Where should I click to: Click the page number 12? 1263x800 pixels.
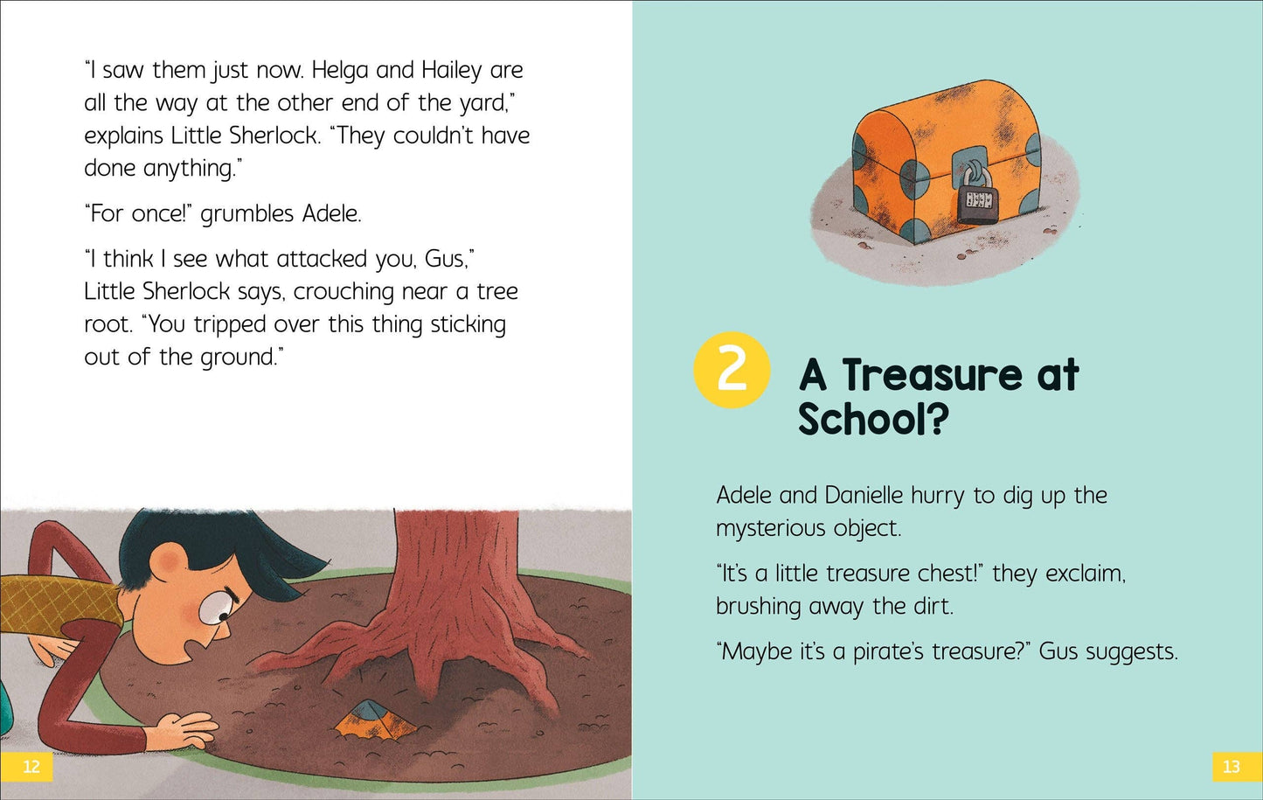tap(31, 767)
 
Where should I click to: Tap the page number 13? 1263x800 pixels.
tap(1231, 767)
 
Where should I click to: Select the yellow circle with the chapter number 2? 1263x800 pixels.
tap(732, 370)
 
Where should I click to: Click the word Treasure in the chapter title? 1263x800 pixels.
tap(932, 375)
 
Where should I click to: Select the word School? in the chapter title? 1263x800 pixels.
tap(872, 419)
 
